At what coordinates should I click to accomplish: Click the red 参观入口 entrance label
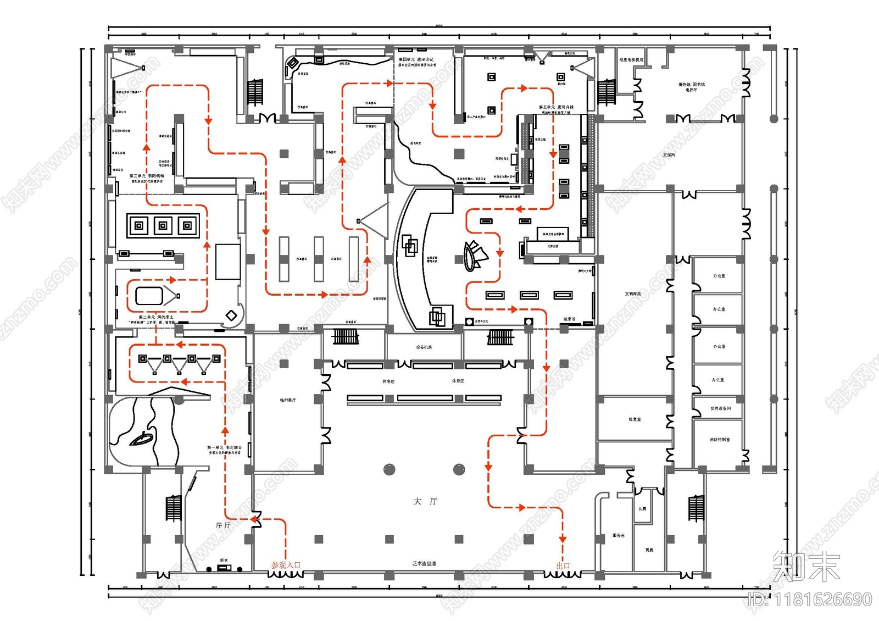(286, 565)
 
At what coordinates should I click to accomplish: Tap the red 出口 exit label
(563, 565)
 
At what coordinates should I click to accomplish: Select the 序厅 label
(223, 525)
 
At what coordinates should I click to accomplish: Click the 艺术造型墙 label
(424, 564)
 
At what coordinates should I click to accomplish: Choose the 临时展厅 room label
(288, 400)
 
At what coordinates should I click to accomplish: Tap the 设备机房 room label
(424, 347)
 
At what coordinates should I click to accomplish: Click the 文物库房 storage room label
(633, 294)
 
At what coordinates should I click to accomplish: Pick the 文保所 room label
(669, 155)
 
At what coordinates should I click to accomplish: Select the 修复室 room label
(635, 419)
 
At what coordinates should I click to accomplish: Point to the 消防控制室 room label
(720, 440)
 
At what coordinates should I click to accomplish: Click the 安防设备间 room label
(720, 408)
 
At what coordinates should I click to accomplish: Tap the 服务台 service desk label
(619, 535)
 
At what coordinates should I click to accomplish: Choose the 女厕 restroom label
(642, 509)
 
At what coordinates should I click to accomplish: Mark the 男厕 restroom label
(649, 550)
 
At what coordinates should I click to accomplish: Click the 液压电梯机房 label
(631, 60)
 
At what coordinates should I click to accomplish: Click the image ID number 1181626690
(810, 599)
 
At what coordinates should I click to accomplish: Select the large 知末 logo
(806, 566)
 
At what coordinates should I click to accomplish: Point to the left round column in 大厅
(389, 470)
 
